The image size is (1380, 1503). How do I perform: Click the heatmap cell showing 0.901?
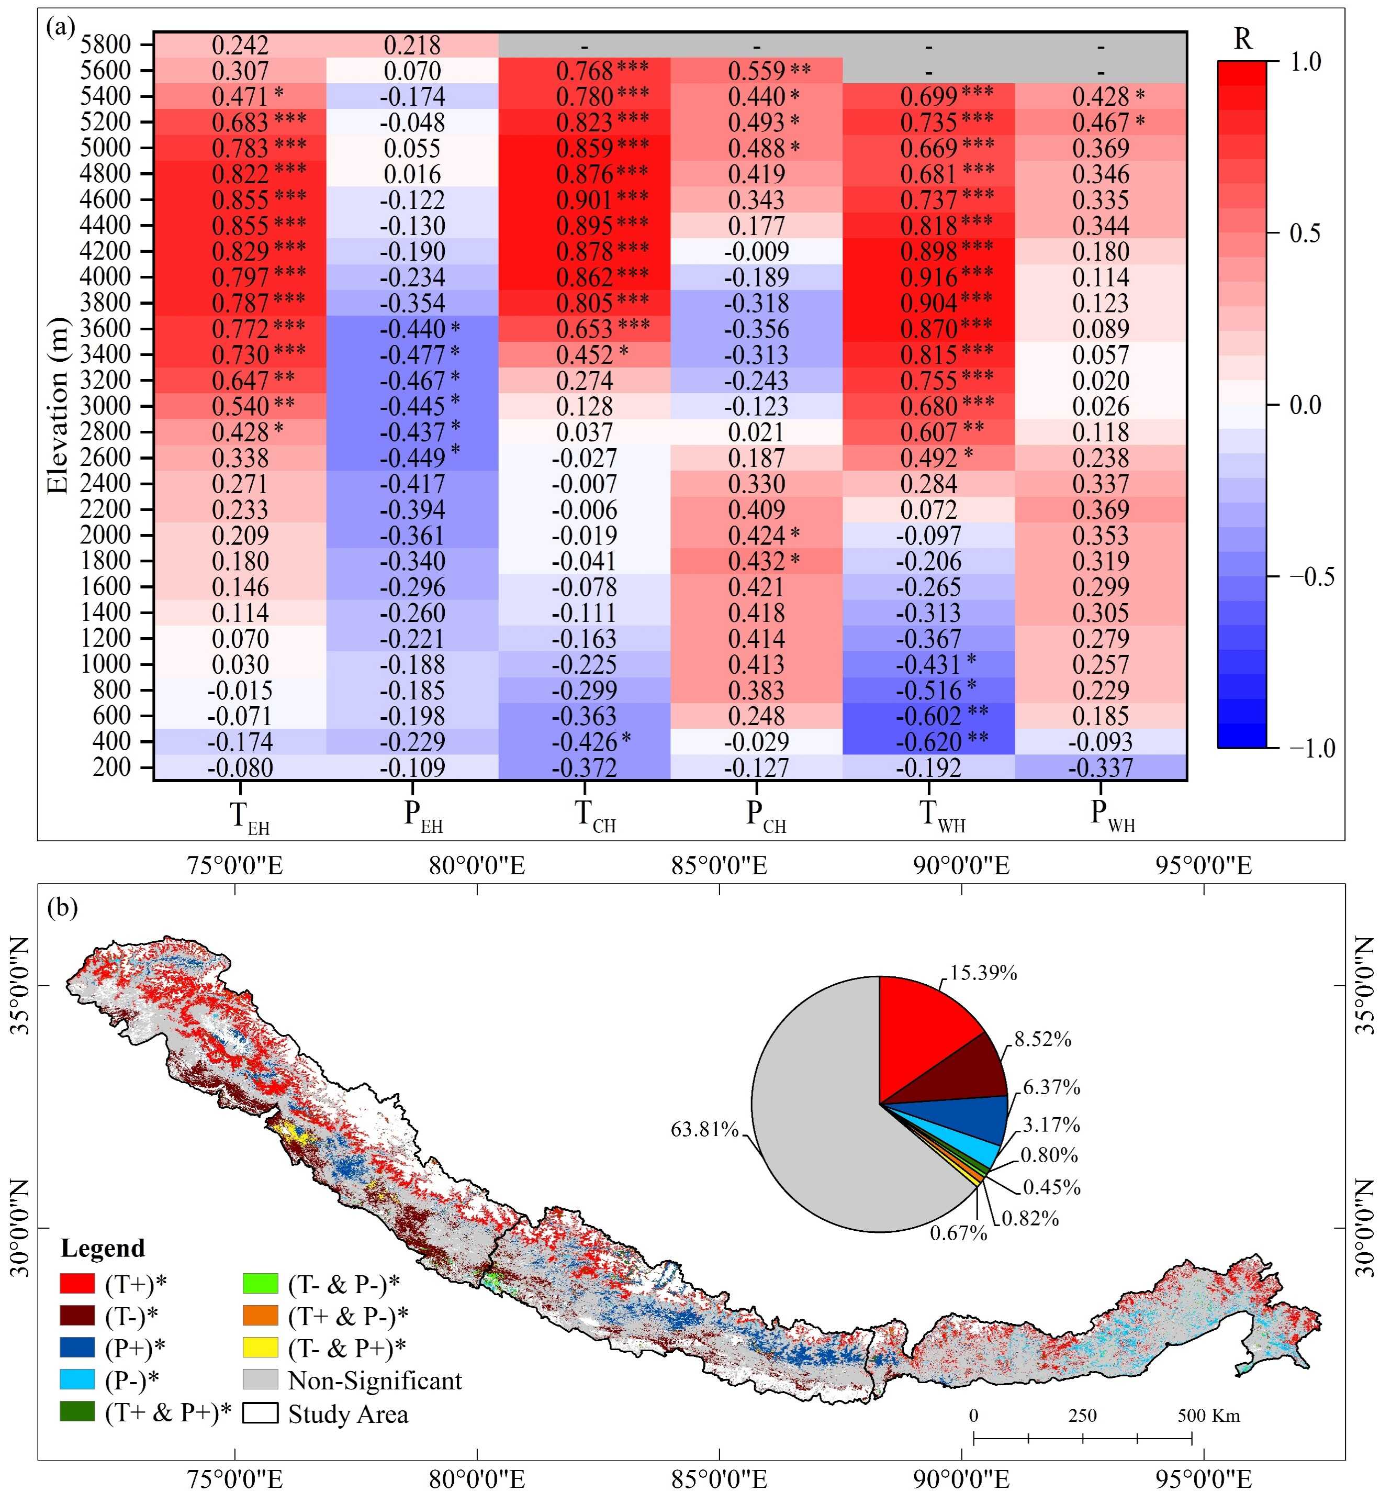584,200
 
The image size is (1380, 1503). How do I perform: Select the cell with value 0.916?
928,277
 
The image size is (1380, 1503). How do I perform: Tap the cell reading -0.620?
928,742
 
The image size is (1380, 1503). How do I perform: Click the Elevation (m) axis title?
58,406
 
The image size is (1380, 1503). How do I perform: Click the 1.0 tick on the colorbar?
1305,62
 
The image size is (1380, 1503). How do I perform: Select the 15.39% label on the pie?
983,973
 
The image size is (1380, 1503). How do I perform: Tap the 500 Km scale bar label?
1208,1416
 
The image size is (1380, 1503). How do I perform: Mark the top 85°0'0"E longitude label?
719,866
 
